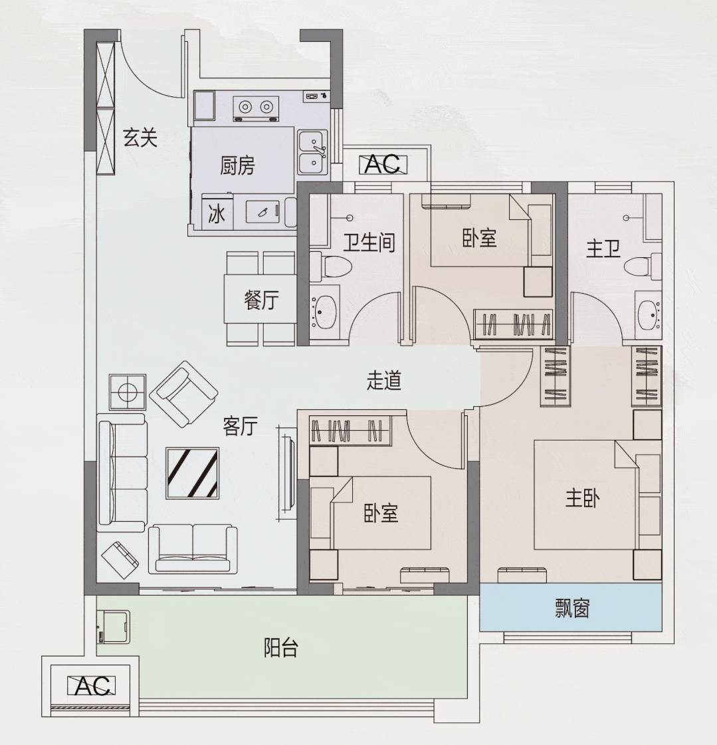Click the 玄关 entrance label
coord(140,138)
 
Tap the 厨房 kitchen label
coord(237,165)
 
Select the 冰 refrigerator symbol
coord(217,214)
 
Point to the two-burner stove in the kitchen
coord(256,106)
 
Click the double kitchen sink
coord(312,152)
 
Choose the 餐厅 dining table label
coord(260,300)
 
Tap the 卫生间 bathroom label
coord(369,243)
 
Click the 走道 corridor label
coord(384,380)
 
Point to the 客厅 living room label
coord(240,426)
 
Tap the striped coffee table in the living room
coord(193,473)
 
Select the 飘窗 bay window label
coord(571,608)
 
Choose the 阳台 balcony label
coord(280,647)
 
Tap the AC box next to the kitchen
coord(383,163)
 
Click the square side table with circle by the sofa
coord(128,391)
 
